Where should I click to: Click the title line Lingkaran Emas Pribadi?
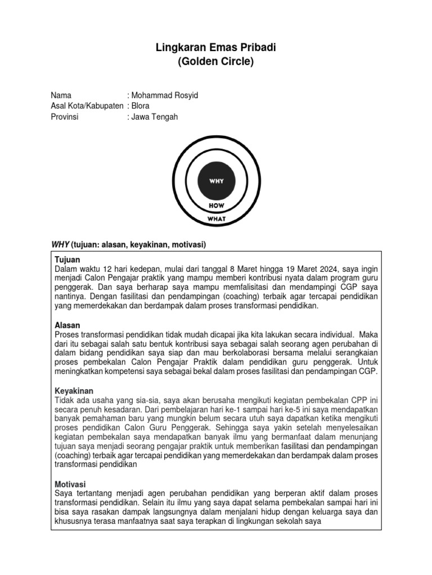tap(215, 48)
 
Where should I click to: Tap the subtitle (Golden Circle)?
tap(215, 62)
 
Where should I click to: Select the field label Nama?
tap(61, 95)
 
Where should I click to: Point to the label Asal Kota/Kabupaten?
tap(87, 106)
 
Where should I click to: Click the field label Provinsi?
tap(65, 117)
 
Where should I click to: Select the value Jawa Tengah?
tap(154, 117)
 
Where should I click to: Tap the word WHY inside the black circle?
tap(217, 181)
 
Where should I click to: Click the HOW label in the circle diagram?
tap(217, 206)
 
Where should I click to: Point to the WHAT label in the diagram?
tap(217, 218)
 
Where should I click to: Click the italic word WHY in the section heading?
tap(60, 244)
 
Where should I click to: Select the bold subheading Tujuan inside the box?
tap(67, 260)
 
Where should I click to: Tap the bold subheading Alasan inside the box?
tap(67, 325)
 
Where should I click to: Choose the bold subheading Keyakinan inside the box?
tap(73, 390)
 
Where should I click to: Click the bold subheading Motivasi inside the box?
tap(70, 483)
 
